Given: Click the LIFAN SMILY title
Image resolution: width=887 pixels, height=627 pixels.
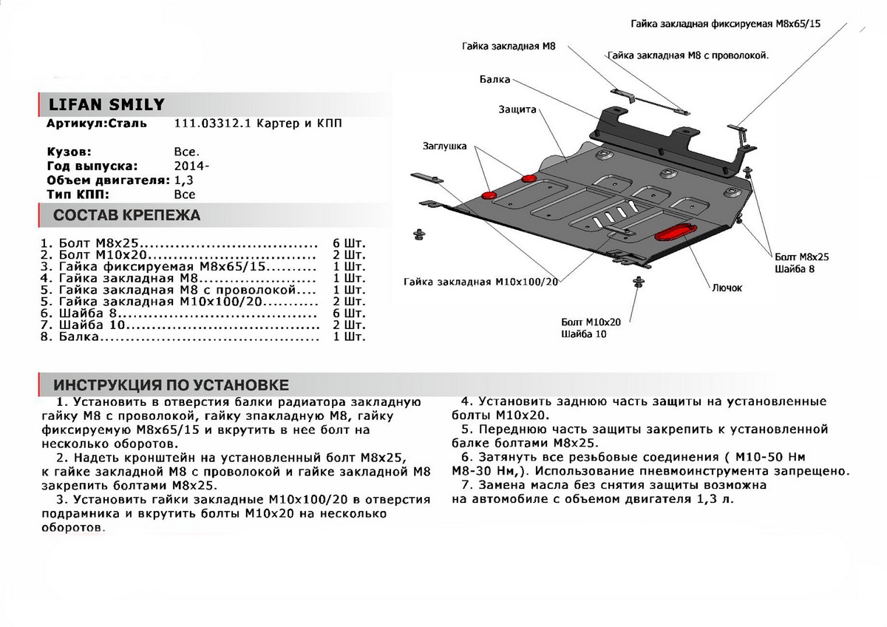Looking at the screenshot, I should coord(106,104).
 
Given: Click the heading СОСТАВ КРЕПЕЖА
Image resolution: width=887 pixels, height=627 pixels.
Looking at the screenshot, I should coord(127,217).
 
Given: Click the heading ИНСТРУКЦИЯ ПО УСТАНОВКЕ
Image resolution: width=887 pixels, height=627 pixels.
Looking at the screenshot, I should coord(171,385).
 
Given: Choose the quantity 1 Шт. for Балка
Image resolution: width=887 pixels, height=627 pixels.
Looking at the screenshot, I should coord(350,337).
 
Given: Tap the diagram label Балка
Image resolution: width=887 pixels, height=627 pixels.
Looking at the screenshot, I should coord(494,78).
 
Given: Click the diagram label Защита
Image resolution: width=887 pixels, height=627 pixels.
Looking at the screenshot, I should coord(517,109).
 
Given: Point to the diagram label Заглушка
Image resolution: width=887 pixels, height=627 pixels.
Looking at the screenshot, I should coord(444,146).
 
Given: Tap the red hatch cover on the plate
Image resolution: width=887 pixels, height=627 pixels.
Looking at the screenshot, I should coord(676,231).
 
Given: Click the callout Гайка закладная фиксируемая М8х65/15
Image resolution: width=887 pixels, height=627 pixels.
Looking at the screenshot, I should coord(727,24).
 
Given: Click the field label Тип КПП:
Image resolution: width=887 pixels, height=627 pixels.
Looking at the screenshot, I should coord(78,194).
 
